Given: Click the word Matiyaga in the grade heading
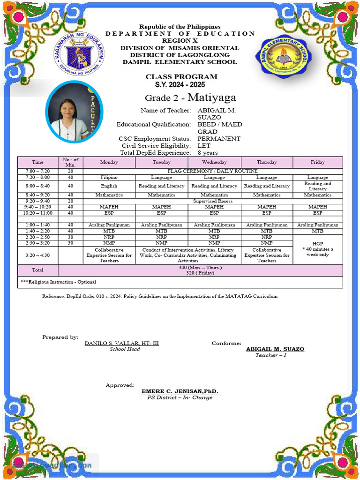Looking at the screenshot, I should (x=212, y=97).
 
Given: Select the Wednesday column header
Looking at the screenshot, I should (x=214, y=162).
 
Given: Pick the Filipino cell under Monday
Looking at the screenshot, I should (x=109, y=178).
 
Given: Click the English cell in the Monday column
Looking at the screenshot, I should (x=109, y=186).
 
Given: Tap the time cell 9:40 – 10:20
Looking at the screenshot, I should (x=37, y=207).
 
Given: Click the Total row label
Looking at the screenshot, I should (x=37, y=270).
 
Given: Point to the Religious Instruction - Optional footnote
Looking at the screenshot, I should (x=58, y=282).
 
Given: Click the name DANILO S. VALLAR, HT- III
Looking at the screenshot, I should (x=121, y=343).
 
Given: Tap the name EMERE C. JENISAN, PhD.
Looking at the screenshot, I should (x=180, y=391).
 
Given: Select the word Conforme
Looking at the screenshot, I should (x=226, y=343).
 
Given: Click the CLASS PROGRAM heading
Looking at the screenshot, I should (x=181, y=77).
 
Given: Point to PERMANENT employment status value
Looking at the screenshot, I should (x=218, y=139).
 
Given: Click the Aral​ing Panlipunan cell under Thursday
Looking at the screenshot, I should (x=267, y=225).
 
